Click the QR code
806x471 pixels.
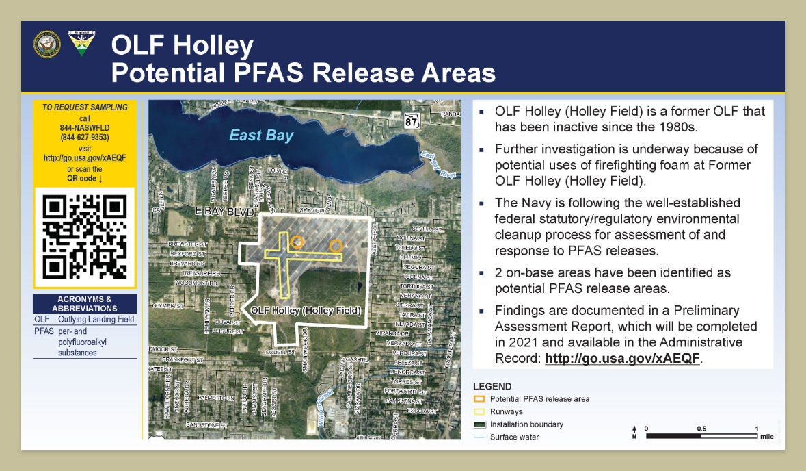click(85, 237)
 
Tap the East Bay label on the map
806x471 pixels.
click(261, 136)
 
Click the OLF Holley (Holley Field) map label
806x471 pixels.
click(306, 310)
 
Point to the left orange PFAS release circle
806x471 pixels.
click(297, 241)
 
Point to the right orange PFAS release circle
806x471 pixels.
click(336, 245)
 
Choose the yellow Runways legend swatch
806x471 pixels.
click(479, 412)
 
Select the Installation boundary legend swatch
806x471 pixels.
click(479, 424)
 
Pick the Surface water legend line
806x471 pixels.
click(479, 437)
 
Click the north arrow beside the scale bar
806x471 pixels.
click(634, 432)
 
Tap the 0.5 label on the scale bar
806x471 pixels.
click(701, 429)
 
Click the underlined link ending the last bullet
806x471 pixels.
click(623, 358)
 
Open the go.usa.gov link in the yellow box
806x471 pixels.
click(85, 157)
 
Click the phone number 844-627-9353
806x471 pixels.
click(85, 137)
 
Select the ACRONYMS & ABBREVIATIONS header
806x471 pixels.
click(85, 304)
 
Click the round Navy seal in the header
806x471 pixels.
click(46, 43)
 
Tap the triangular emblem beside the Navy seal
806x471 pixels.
click(81, 43)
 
